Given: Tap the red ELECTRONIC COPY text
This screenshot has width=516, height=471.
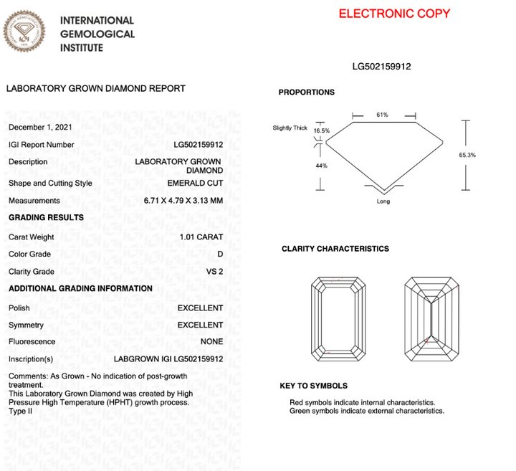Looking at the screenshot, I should [x=394, y=14].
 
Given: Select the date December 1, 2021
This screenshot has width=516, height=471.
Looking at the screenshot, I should [x=41, y=127].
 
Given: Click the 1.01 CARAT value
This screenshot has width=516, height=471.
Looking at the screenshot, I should [x=201, y=237].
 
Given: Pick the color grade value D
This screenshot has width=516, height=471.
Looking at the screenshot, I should [x=219, y=254].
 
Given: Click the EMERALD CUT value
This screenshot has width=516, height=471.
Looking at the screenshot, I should [x=194, y=183].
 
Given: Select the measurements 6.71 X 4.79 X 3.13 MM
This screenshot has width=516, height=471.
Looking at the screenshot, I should [x=183, y=201].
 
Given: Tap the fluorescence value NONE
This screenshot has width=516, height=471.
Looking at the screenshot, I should [x=211, y=342].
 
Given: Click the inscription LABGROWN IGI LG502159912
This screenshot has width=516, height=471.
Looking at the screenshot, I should [x=168, y=359].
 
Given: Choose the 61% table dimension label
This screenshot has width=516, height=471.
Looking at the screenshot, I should [x=382, y=115].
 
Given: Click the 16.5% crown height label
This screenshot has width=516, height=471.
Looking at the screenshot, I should [x=322, y=131].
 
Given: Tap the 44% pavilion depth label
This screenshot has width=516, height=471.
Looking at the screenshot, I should [x=321, y=166].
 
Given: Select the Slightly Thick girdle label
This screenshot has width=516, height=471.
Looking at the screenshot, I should [x=290, y=128].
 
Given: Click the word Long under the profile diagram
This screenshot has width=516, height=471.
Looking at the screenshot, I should [x=383, y=202].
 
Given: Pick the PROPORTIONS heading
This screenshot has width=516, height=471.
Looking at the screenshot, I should [x=306, y=92].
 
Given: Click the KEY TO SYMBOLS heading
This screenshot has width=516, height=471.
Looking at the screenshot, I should [x=313, y=386].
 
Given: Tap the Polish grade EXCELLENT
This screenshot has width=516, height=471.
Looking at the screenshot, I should [x=200, y=308].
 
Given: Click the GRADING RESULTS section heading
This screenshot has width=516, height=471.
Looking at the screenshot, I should [x=46, y=217].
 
